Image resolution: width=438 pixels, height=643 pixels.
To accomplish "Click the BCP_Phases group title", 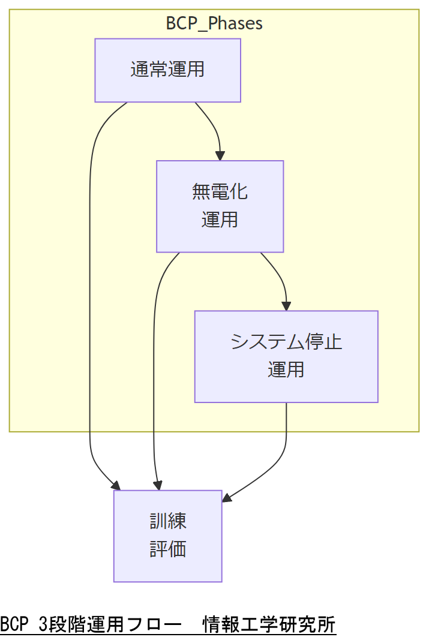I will tap(214, 23).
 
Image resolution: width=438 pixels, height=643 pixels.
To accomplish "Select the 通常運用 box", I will tap(167, 70).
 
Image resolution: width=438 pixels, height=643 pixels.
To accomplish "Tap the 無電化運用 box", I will tap(220, 206).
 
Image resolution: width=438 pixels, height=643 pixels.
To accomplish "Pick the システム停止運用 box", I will tap(286, 356).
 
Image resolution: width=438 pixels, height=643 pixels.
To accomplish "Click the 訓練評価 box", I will tap(167, 536).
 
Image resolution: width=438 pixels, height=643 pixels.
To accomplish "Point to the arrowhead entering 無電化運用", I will tap(220, 156).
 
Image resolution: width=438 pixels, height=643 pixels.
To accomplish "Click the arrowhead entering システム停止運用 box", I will tap(287, 306).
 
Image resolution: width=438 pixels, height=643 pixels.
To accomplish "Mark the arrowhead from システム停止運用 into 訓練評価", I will tap(227, 498).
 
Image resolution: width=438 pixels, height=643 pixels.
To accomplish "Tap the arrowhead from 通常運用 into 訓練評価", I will tap(116, 486).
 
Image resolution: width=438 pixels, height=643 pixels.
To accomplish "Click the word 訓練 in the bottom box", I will tap(168, 521).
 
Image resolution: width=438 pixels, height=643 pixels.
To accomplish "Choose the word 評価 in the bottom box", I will tap(168, 549).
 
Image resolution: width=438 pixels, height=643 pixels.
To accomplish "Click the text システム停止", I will tap(286, 342).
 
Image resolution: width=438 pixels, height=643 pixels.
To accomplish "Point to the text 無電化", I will tap(220, 192).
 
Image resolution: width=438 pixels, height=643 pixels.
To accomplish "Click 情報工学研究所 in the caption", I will tap(269, 624).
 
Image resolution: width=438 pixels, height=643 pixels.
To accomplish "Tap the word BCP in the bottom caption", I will tap(14, 624).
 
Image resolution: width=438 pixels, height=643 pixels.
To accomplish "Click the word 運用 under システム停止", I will tap(286, 370).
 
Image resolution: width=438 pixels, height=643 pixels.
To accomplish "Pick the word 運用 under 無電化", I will tap(220, 220).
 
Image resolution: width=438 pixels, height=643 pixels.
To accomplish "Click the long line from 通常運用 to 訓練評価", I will tap(90, 300).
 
